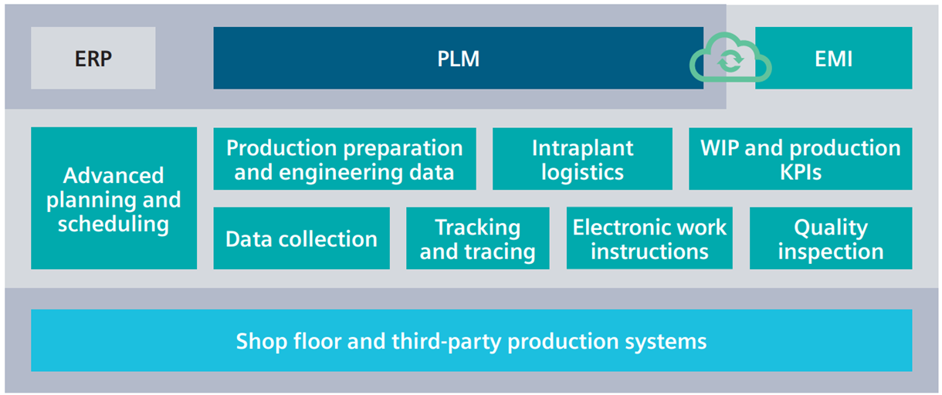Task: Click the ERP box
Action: [x=93, y=59]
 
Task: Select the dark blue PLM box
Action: [x=458, y=59]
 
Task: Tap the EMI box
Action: [x=834, y=59]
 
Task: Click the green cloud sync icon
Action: [x=730, y=60]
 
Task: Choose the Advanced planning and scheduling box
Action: [x=114, y=199]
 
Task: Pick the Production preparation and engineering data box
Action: [x=344, y=159]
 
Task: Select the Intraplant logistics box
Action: [x=582, y=159]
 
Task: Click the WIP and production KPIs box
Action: [x=800, y=159]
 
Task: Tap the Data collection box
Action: [x=301, y=239]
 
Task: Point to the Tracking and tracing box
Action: [x=477, y=239]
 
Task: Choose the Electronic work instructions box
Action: [x=649, y=239]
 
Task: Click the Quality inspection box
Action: [x=830, y=239]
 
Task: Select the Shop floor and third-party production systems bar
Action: [x=471, y=341]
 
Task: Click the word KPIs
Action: [x=801, y=171]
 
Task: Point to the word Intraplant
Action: [x=582, y=147]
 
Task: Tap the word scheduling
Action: [x=113, y=225]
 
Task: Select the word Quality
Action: [x=831, y=228]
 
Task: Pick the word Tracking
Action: [x=477, y=228]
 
